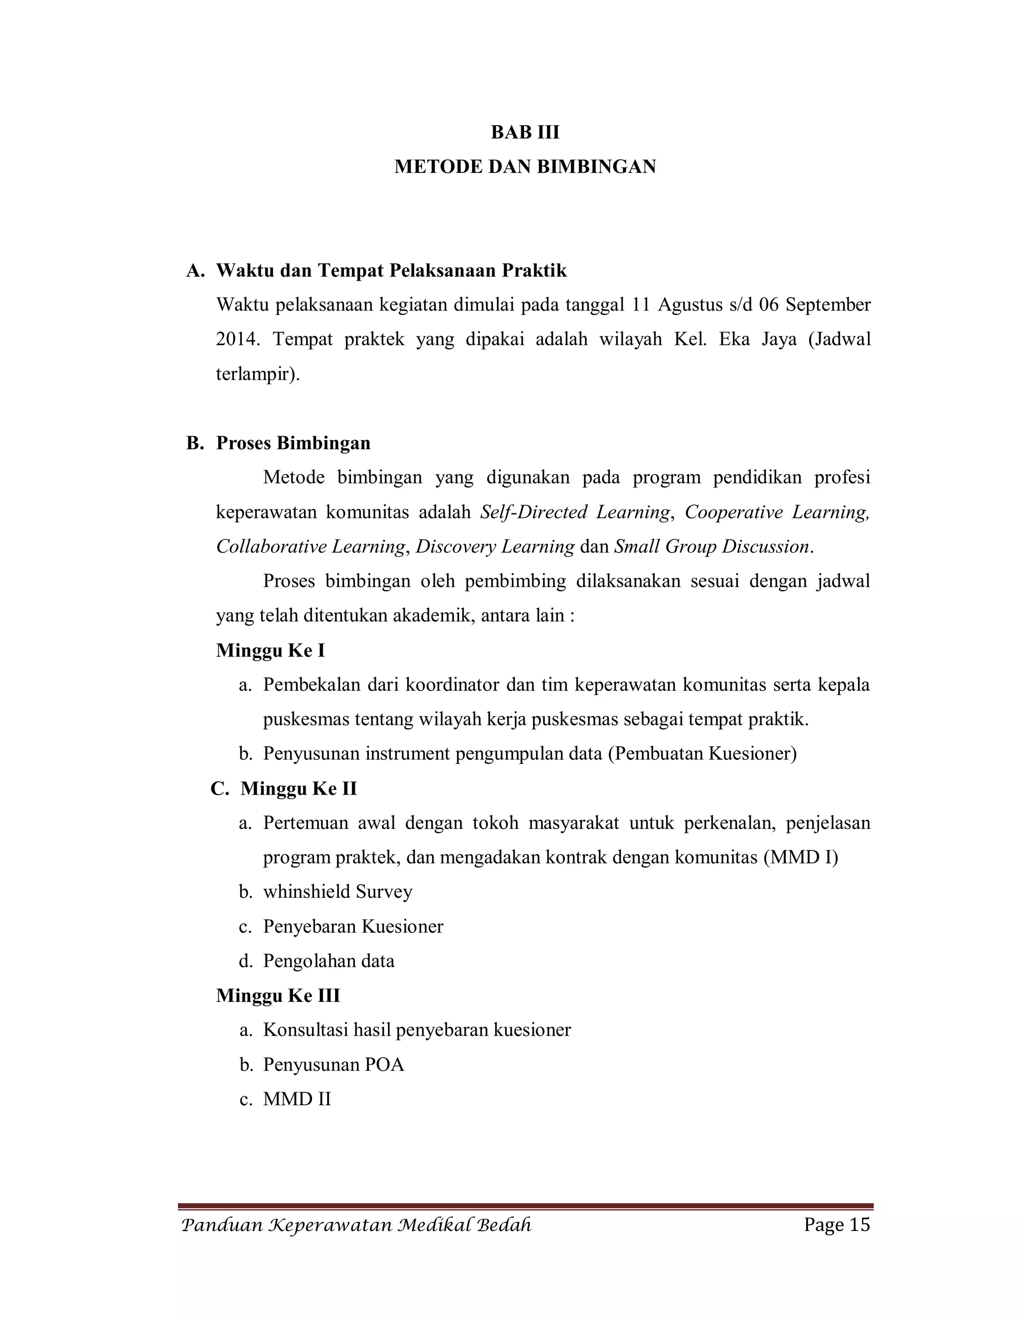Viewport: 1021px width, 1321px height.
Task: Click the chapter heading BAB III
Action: tap(524, 132)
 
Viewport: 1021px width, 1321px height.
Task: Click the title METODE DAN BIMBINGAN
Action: tap(524, 166)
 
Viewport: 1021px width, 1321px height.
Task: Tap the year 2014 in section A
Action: tap(237, 339)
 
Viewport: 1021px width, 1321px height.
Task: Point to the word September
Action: tap(828, 305)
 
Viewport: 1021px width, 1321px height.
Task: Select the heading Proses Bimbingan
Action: tap(293, 443)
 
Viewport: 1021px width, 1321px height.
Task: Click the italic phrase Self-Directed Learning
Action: tap(575, 512)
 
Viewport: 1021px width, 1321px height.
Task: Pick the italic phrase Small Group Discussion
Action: tap(711, 547)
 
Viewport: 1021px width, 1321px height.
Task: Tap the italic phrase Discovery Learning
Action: tap(495, 547)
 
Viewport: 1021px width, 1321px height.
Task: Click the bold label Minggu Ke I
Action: tap(270, 651)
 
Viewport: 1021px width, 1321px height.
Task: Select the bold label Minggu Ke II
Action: tap(298, 789)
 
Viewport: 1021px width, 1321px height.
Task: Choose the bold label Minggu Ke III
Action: tap(278, 995)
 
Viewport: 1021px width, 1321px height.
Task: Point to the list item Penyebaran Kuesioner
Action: tap(352, 927)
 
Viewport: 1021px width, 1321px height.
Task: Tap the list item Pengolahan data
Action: tap(329, 961)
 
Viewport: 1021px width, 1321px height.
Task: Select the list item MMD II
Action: tap(297, 1100)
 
